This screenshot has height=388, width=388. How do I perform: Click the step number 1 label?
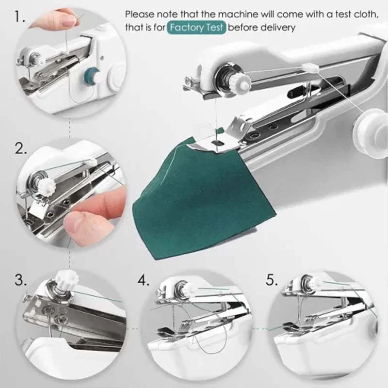click(x=19, y=18)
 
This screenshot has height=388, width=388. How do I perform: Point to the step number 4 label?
click(x=144, y=280)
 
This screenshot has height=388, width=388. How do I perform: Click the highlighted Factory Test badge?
click(x=197, y=28)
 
